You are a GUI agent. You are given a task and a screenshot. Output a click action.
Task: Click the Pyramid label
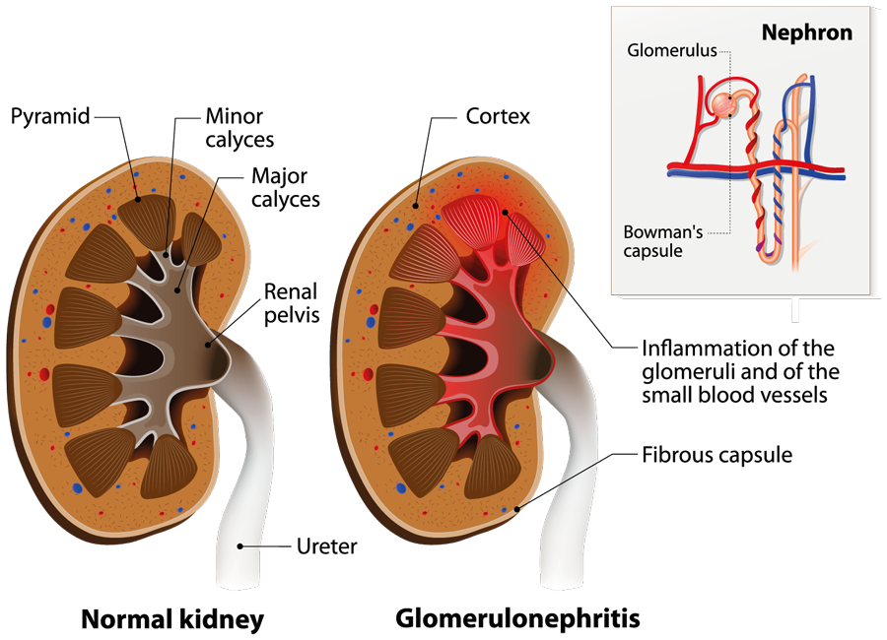pyautogui.click(x=50, y=116)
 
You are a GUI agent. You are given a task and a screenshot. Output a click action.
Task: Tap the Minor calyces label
pyautogui.click(x=239, y=127)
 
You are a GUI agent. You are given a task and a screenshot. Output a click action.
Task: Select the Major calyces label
pyautogui.click(x=285, y=187)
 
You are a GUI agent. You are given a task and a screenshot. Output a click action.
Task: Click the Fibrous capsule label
pyautogui.click(x=716, y=455)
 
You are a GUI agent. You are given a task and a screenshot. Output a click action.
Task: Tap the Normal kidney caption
pyautogui.click(x=172, y=619)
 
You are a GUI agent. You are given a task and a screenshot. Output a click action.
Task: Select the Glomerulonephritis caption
pyautogui.click(x=517, y=619)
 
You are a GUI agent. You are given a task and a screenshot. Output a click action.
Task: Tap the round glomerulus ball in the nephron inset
pyautogui.click(x=727, y=104)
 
